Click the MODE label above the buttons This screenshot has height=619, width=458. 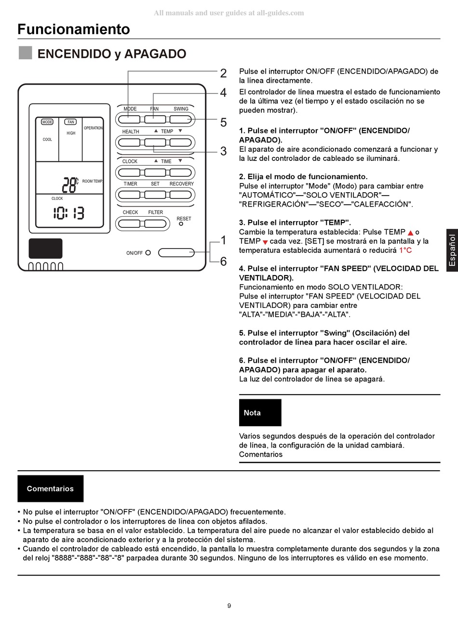pyautogui.click(x=130, y=109)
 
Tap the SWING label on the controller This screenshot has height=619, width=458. pyautogui.click(x=181, y=109)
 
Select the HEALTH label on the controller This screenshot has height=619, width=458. pyautogui.click(x=130, y=132)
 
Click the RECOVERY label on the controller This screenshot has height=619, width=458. pyautogui.click(x=181, y=184)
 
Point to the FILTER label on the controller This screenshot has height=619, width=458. pyautogui.click(x=155, y=212)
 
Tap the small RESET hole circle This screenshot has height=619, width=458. pyautogui.click(x=181, y=224)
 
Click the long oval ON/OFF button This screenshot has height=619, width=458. pyautogui.click(x=176, y=252)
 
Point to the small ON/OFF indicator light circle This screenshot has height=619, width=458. pyautogui.click(x=148, y=252)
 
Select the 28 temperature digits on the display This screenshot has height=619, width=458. pyautogui.click(x=69, y=184)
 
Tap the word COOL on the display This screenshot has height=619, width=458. pyautogui.click(x=47, y=140)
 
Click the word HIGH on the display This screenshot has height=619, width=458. pyautogui.click(x=71, y=133)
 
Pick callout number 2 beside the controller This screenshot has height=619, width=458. pyautogui.click(x=223, y=74)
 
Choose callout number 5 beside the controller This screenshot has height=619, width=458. pyautogui.click(x=223, y=123)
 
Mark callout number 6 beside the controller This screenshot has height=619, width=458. pyautogui.click(x=223, y=262)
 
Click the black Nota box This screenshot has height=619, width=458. pyautogui.click(x=260, y=413)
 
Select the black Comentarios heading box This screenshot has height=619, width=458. pyautogui.click(x=50, y=488)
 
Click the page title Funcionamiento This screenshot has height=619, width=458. pyautogui.click(x=74, y=29)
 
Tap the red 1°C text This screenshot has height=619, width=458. pyautogui.click(x=405, y=250)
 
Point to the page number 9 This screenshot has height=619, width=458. pyautogui.click(x=229, y=606)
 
